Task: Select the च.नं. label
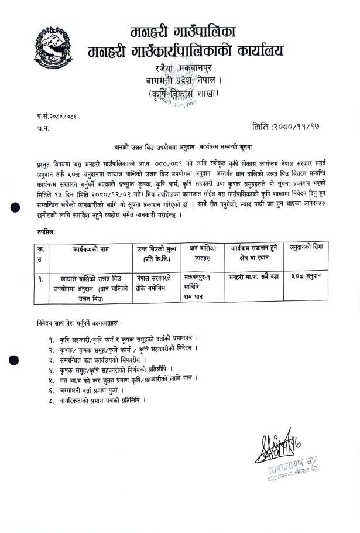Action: click(x=43, y=126)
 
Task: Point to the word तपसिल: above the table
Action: click(x=46, y=233)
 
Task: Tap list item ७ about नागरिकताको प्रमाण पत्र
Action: click(x=105, y=399)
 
